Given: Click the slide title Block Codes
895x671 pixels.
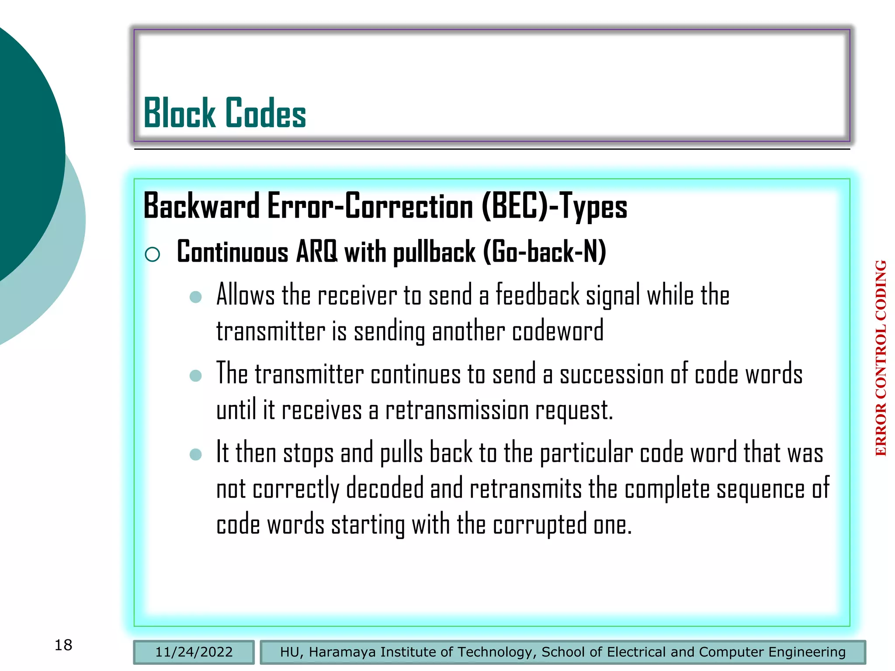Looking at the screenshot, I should (225, 113).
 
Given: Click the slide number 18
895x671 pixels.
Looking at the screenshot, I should (63, 645).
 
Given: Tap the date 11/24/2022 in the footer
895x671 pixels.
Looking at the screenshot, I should (194, 652).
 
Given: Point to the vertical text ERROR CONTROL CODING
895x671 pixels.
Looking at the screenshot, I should (881, 358).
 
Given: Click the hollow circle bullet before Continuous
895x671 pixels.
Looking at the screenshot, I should (152, 254).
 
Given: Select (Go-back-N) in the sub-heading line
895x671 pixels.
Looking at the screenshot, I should (545, 252).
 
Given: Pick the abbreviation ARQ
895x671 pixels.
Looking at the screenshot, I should (317, 252).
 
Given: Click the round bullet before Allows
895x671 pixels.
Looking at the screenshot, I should (195, 297).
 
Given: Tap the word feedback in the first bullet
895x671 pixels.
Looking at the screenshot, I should (538, 295).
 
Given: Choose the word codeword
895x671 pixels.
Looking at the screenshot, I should (558, 331).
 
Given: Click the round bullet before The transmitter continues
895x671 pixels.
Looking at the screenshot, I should (195, 376).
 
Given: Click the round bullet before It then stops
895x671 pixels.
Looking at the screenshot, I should (195, 454).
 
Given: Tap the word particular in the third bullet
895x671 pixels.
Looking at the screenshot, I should (586, 453).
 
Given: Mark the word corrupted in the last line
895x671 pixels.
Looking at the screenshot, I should (540, 525).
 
